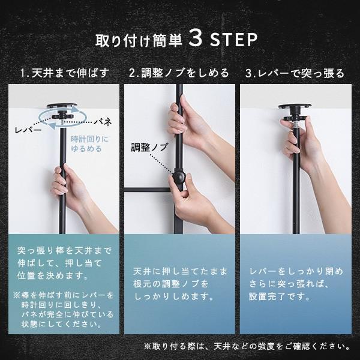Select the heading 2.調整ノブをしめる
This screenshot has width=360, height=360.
point(179,74)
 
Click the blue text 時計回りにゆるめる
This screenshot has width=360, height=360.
point(86,143)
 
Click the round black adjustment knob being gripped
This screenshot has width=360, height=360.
point(179,179)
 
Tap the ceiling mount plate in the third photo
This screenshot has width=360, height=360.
point(295,109)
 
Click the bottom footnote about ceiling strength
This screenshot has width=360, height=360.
point(247,346)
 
